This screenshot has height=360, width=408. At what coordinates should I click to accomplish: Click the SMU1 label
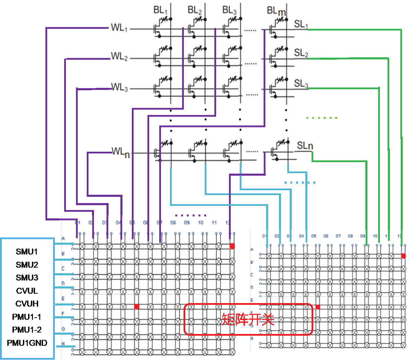click(27, 251)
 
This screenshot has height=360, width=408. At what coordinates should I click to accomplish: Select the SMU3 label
click(27, 277)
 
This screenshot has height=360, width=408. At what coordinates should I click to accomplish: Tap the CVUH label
click(27, 303)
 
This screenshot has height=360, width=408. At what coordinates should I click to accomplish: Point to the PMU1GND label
click(27, 343)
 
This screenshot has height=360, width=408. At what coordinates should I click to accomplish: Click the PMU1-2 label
click(27, 329)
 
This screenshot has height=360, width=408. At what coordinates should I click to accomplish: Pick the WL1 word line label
click(119, 28)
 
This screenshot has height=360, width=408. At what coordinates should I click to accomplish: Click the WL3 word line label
click(119, 87)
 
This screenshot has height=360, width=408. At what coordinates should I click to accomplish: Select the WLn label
click(120, 152)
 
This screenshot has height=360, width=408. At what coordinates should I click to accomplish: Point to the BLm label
click(276, 11)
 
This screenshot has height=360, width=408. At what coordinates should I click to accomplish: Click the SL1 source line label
click(301, 24)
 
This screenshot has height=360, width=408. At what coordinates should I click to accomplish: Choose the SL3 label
click(301, 84)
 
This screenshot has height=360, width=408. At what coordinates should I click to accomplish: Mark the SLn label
click(305, 146)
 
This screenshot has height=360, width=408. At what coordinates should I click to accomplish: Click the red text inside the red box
click(248, 319)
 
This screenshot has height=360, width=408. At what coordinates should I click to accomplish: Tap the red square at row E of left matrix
click(137, 307)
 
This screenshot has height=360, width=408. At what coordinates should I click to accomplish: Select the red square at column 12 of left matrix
click(232, 246)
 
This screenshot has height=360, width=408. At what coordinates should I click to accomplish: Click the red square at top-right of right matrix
click(403, 256)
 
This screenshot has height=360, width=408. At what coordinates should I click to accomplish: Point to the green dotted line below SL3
click(322, 118)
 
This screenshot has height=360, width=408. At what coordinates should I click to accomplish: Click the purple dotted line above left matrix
click(190, 215)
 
